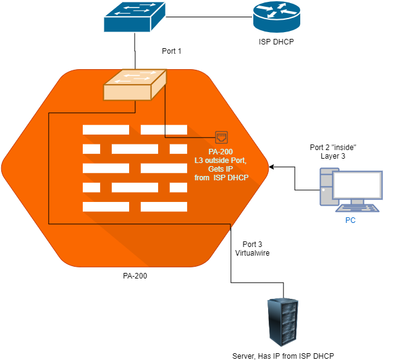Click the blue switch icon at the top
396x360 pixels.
(x=134, y=17)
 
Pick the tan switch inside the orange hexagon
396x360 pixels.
(x=135, y=85)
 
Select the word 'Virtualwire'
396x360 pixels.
(x=251, y=253)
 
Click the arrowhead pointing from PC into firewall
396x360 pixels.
(x=272, y=167)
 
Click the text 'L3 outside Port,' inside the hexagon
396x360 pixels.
(x=221, y=161)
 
